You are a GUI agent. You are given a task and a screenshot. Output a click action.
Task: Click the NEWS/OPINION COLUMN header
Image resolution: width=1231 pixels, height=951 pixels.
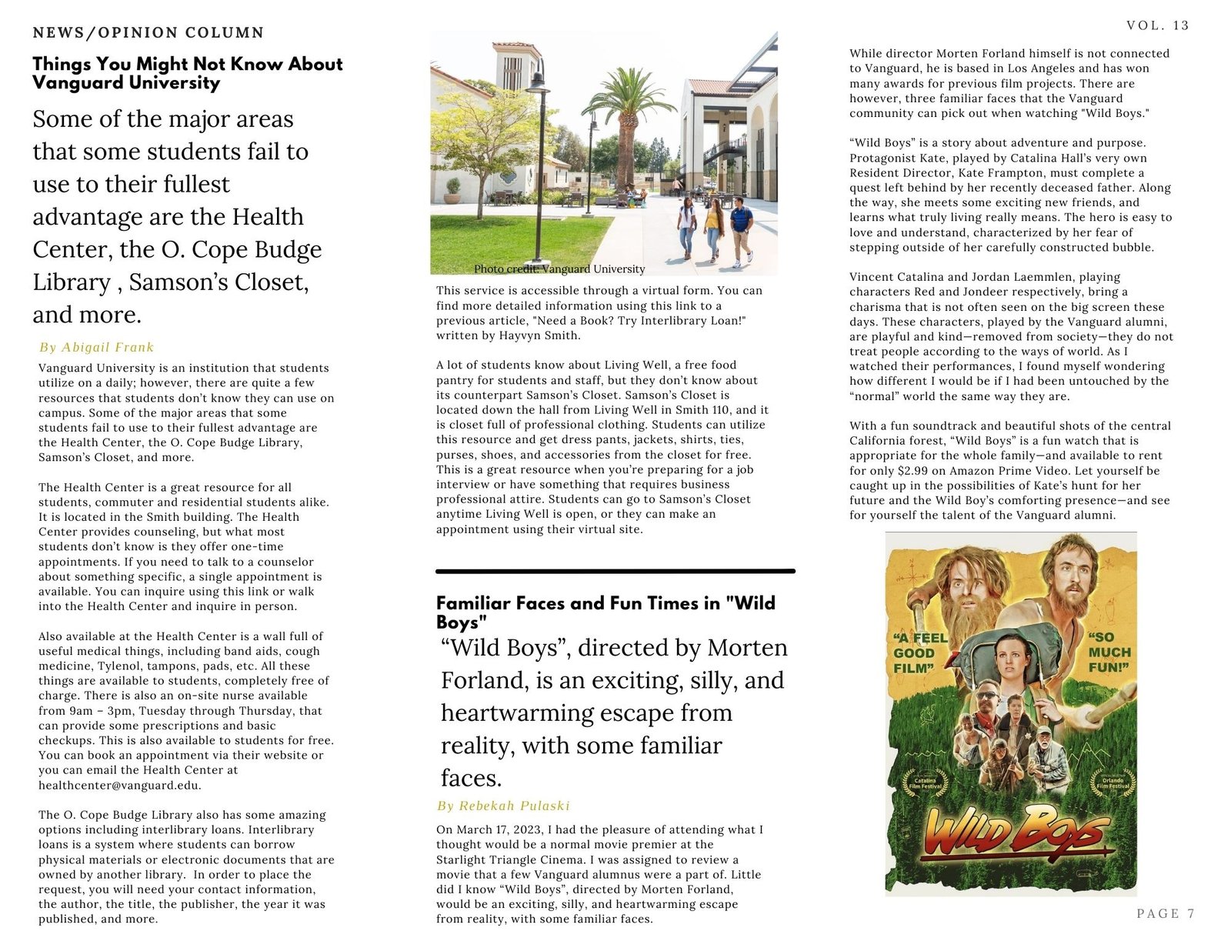pyautogui.click(x=148, y=32)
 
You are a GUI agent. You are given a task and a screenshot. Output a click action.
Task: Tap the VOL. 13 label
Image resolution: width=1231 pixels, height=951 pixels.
pyautogui.click(x=1157, y=25)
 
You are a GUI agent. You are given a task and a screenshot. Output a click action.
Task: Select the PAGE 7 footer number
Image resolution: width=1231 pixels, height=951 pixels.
pyautogui.click(x=1166, y=913)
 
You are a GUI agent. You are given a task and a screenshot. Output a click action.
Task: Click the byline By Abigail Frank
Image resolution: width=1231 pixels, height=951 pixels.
pyautogui.click(x=96, y=347)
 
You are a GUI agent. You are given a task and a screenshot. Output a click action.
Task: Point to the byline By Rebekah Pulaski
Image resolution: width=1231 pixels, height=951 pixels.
pyautogui.click(x=503, y=806)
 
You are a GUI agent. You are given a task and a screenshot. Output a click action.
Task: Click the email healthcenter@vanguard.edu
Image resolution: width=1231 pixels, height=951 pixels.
pyautogui.click(x=119, y=786)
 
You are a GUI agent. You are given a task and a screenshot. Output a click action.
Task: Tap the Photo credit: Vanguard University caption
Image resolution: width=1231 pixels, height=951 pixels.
pyautogui.click(x=559, y=269)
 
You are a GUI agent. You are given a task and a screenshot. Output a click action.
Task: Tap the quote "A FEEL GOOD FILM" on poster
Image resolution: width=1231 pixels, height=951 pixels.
pyautogui.click(x=920, y=652)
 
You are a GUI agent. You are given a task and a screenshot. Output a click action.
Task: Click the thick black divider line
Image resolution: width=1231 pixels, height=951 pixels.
pyautogui.click(x=615, y=571)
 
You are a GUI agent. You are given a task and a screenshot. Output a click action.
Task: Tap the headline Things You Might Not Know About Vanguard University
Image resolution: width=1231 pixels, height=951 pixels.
pyautogui.click(x=187, y=73)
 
